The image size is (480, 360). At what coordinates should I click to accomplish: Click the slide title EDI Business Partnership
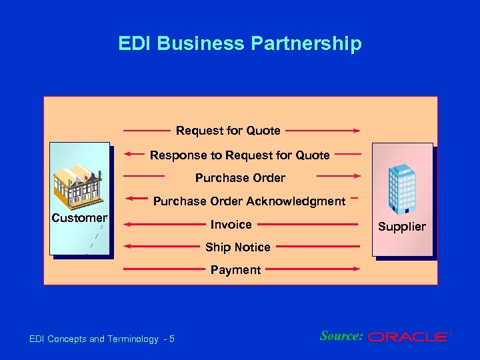[240, 44]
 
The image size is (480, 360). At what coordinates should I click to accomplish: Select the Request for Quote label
[228, 130]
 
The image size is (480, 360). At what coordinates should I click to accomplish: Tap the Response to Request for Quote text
[239, 155]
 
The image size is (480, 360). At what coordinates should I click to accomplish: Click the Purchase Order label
[240, 178]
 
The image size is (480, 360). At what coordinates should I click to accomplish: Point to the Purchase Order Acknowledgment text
[249, 201]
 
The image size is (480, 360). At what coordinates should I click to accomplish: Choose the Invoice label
[231, 225]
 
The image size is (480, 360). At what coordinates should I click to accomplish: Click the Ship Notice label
[237, 247]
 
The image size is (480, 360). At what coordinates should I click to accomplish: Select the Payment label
[235, 270]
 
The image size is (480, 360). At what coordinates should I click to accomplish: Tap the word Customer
[79, 218]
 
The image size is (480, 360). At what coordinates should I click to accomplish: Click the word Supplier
[401, 227]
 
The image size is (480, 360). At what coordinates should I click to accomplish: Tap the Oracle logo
[409, 337]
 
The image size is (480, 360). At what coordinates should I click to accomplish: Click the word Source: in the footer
[341, 336]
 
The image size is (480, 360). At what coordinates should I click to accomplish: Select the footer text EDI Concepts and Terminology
[94, 339]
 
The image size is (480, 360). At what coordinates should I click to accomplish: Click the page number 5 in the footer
[171, 339]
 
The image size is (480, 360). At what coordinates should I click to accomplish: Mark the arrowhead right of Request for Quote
[358, 131]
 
